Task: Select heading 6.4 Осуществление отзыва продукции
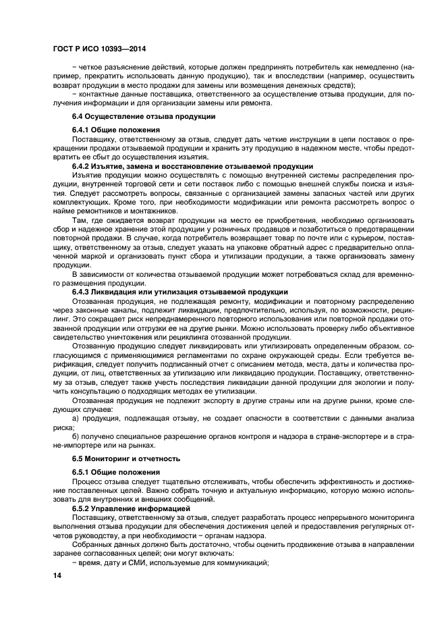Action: (120, 117)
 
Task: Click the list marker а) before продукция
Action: (76, 419)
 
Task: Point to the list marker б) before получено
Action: (76, 436)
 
